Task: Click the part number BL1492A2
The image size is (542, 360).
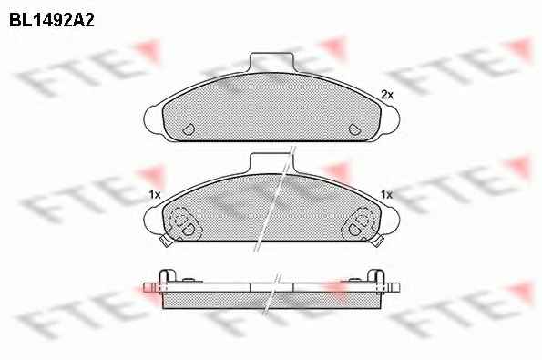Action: [52, 21]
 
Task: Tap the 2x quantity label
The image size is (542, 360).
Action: [387, 95]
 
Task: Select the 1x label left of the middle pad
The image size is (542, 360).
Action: [155, 195]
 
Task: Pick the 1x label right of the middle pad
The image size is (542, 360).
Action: [386, 195]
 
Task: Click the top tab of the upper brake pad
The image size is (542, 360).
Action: [271, 62]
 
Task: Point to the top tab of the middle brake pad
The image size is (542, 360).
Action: [271, 163]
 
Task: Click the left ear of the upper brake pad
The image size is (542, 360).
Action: [152, 118]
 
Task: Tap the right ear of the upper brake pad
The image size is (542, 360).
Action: [391, 118]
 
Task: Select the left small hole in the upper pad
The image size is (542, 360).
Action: [189, 129]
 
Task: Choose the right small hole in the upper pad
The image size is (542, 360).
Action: [354, 129]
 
